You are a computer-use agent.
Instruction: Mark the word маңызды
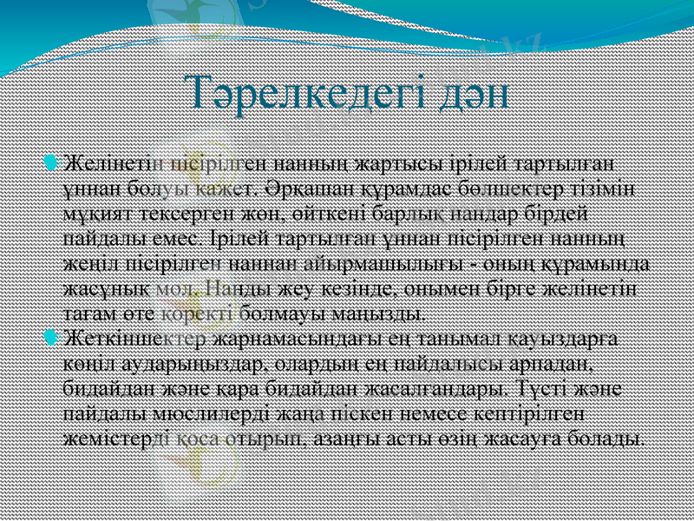click(x=383, y=311)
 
